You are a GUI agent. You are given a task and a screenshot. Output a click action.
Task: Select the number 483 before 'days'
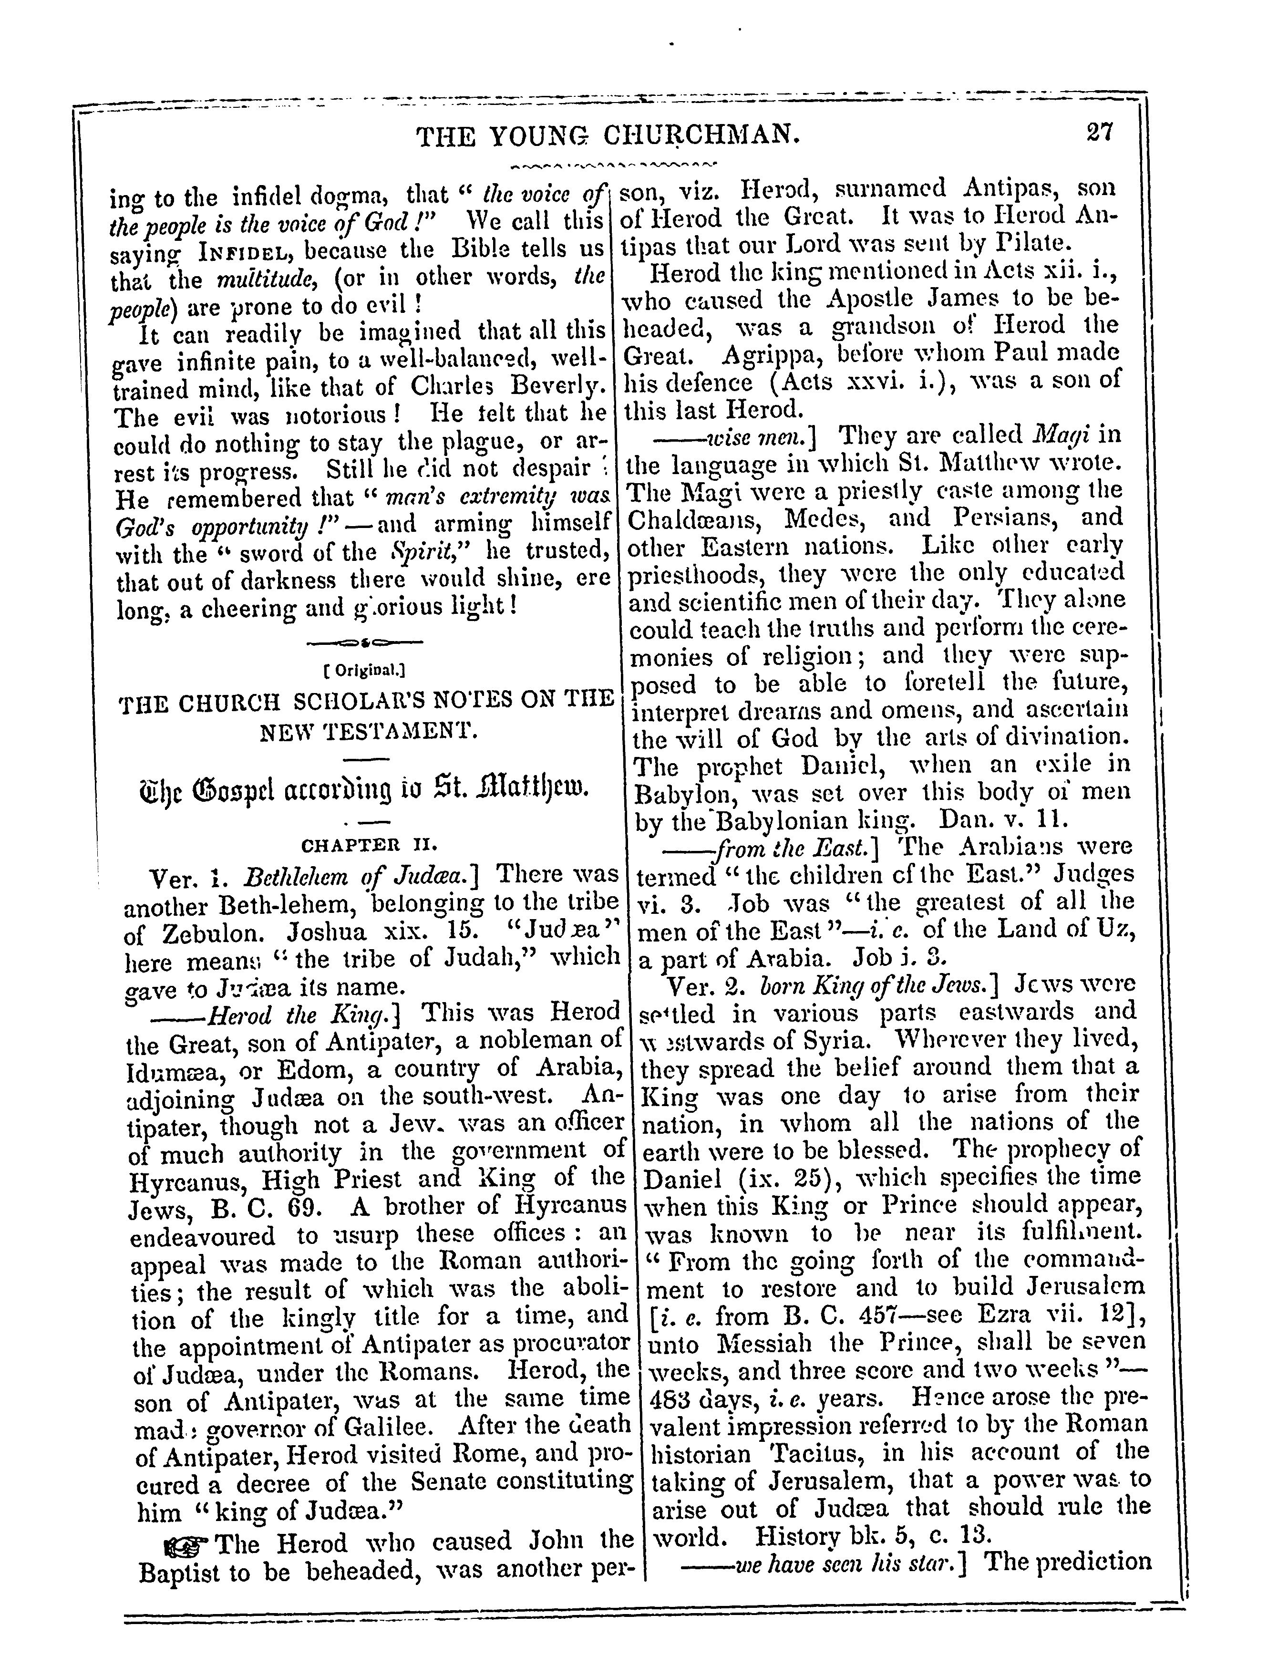click(x=669, y=1398)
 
